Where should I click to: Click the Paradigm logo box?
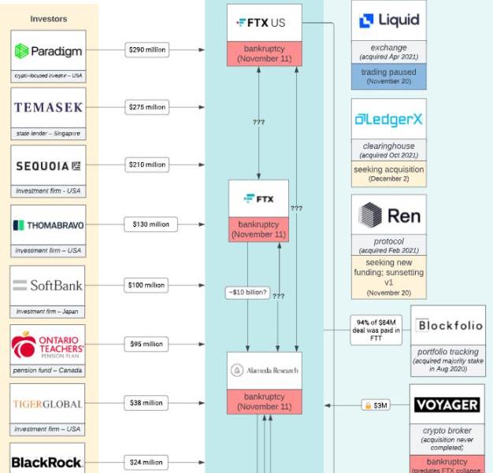[x=48, y=51]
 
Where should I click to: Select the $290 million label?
[x=146, y=50]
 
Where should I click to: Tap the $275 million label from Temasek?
[x=146, y=107]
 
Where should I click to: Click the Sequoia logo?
[x=48, y=165]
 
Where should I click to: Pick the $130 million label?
[x=150, y=224]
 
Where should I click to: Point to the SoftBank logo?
[x=48, y=285]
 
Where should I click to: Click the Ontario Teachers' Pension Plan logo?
[x=48, y=345]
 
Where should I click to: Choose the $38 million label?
[x=146, y=403]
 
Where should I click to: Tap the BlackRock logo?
[x=48, y=462]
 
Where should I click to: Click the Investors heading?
[x=48, y=18]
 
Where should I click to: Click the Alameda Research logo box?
[x=265, y=370]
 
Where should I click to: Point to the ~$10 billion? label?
[x=247, y=293]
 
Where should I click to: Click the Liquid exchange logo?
[x=388, y=21]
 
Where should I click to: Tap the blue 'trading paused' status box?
[x=388, y=76]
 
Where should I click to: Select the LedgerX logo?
[x=388, y=120]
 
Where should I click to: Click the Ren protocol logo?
[x=388, y=215]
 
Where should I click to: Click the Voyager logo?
[x=447, y=405]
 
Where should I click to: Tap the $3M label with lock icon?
[x=376, y=405]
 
